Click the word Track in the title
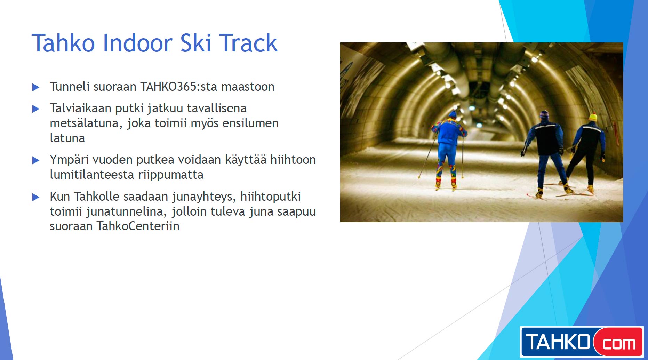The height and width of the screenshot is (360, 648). [x=248, y=43]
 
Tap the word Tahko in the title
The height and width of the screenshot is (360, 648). [x=63, y=43]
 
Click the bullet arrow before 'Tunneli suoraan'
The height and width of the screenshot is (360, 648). [x=35, y=87]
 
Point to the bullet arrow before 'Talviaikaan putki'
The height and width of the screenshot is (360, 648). [x=35, y=109]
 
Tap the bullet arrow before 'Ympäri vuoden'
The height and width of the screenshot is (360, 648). [x=35, y=160]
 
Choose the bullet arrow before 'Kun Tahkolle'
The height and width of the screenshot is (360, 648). [x=35, y=197]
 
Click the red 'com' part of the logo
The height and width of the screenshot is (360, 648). [x=618, y=343]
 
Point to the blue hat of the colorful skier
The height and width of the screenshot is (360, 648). [x=452, y=114]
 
